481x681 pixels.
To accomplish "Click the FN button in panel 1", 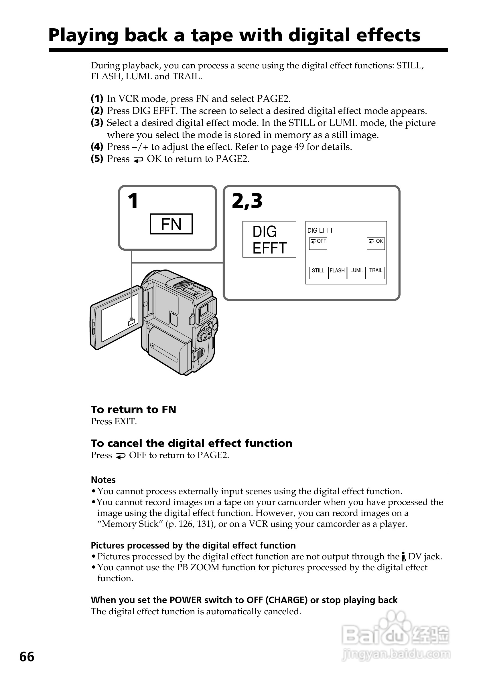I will [x=171, y=224].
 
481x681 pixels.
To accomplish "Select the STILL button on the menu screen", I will [x=318, y=273].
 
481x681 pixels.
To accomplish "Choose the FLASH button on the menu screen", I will [x=337, y=273].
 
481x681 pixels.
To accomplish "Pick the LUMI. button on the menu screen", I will [x=356, y=273].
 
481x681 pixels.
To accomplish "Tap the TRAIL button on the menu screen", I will [x=376, y=273].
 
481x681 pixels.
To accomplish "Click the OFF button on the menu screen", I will [x=318, y=244].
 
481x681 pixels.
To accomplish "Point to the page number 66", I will [x=27, y=657].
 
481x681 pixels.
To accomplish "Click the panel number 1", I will [x=133, y=201].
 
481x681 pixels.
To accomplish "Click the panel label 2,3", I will [x=247, y=201].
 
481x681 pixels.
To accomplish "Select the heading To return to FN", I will [x=133, y=410].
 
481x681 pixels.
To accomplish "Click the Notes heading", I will [x=103, y=480].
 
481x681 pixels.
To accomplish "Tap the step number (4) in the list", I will [x=97, y=147].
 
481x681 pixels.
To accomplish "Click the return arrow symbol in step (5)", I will [x=138, y=160].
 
